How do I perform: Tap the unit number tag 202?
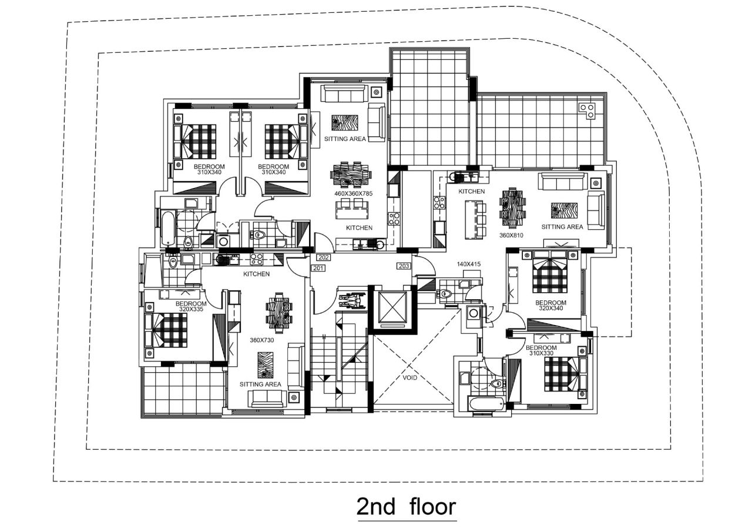coord(323,257)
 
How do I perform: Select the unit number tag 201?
coord(318,268)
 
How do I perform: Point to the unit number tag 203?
coord(404,266)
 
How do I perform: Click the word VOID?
coord(410,377)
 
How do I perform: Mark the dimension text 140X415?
coord(468,265)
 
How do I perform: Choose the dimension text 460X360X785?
coord(354,193)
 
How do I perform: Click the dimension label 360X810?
coord(511,235)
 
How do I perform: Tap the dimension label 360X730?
coord(262,340)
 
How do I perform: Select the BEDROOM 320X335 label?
coord(191,306)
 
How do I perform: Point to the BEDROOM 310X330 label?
coord(542,350)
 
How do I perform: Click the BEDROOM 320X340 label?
coord(550,305)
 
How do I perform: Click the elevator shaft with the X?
coord(391,308)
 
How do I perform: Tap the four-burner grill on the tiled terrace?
coord(586,111)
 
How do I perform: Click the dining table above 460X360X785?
coord(352,174)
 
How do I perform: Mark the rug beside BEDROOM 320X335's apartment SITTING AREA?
coord(266,364)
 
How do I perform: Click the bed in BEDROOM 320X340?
coord(550,275)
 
